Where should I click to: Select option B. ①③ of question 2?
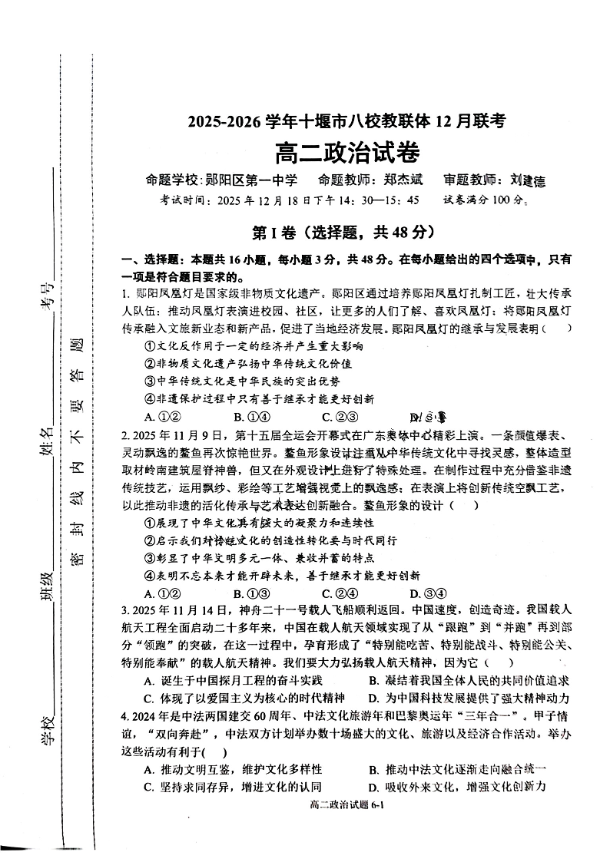click(250, 593)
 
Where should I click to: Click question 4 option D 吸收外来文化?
click(457, 787)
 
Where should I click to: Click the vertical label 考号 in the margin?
click(47, 295)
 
